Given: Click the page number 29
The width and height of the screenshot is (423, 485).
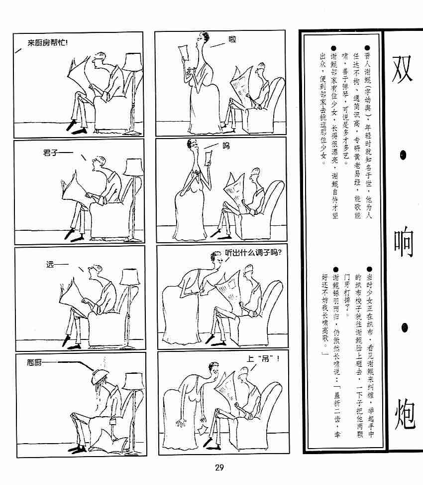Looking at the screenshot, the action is point(219,468).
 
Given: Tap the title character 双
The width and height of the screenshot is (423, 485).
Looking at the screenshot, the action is point(402,69).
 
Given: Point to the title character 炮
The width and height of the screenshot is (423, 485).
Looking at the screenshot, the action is point(405,414).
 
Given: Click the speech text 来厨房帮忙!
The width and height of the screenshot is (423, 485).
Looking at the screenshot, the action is point(48,43).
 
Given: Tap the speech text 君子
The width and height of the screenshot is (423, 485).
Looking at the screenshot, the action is point(50,153).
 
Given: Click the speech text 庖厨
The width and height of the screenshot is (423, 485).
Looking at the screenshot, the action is point(34,362).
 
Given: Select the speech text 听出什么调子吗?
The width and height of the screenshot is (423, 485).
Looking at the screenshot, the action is point(253,253).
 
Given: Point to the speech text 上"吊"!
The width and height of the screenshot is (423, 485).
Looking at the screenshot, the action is point(263,359).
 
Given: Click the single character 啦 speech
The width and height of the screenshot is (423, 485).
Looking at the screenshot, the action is point(232,39).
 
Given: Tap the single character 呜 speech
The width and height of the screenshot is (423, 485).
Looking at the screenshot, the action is point(226,146).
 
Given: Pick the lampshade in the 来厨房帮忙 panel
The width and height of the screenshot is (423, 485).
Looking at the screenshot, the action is point(133,61).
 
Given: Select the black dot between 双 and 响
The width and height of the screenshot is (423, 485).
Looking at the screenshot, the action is point(403,155).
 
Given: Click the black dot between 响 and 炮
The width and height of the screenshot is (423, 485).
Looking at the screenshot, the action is point(405,328).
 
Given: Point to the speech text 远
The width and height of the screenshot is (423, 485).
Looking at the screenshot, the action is point(50,265).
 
